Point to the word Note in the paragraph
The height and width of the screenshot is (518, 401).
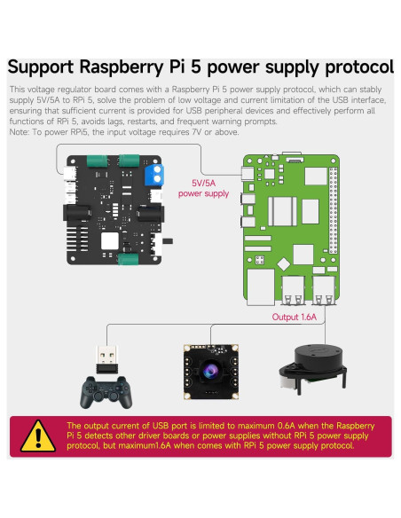[20, 131]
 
